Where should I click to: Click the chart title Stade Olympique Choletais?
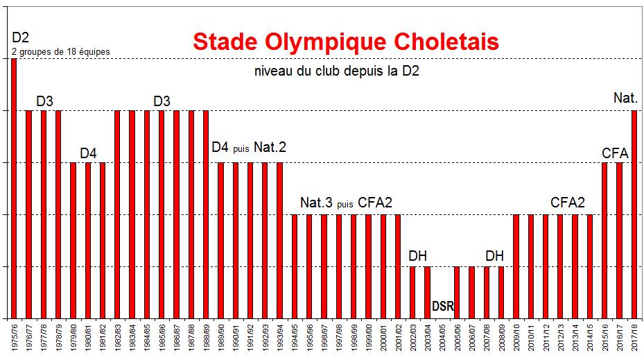tap(345, 42)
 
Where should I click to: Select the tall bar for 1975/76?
tap(13, 188)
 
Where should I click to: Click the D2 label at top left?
tap(21, 37)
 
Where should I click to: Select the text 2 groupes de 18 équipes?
tap(61, 51)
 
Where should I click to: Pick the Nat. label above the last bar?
tap(625, 98)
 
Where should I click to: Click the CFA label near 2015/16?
tap(616, 151)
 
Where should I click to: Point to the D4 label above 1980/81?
tap(88, 153)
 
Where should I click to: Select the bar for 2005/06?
tap(456, 291)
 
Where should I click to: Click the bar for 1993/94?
tap(279, 240)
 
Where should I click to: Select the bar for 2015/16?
tap(604, 240)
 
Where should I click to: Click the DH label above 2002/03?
tap(417, 256)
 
